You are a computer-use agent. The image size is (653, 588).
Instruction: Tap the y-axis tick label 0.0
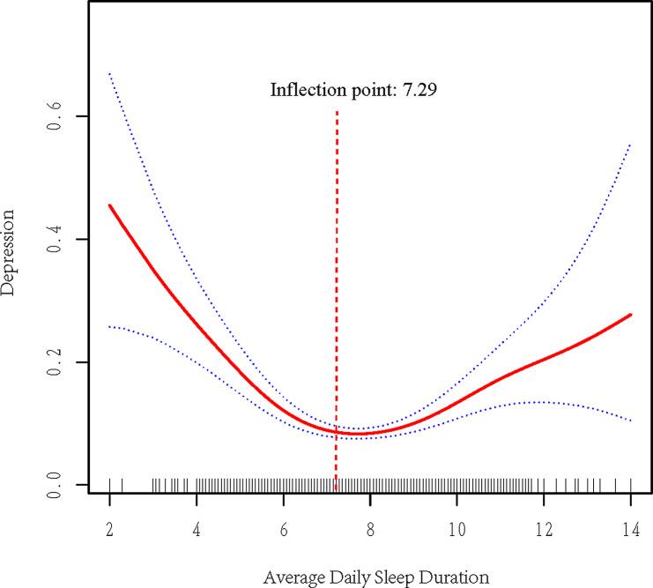coord(55,485)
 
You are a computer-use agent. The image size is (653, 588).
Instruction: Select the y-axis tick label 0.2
coord(55,362)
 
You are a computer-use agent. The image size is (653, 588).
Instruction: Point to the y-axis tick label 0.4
coord(55,240)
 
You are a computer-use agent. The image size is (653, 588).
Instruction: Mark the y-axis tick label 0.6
coord(55,116)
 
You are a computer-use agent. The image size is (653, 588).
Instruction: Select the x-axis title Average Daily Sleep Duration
coord(375,578)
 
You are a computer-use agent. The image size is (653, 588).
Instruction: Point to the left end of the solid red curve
coord(109,205)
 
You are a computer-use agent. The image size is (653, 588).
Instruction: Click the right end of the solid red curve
coord(631,314)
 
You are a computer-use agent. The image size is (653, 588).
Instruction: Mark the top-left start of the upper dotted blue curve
coord(109,73)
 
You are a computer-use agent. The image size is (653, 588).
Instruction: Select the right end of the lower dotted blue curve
coord(631,421)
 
